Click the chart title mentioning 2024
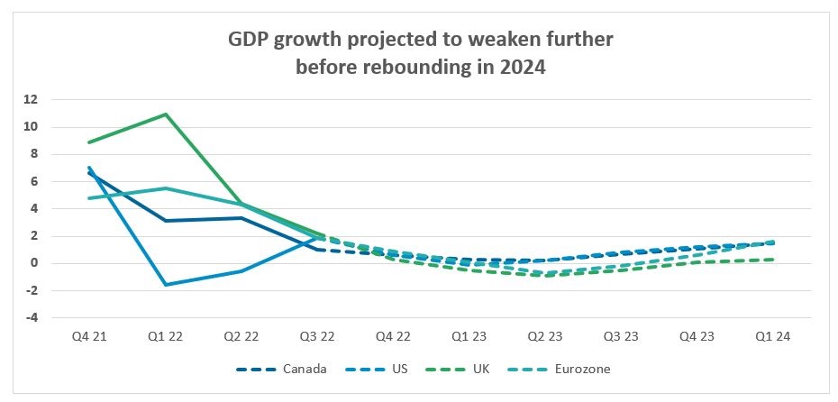pos(419,54)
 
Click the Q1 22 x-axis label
pos(165,336)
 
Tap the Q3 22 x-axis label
pos(317,336)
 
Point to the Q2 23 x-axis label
pos(546,336)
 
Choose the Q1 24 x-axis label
pos(774,336)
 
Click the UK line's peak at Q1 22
pos(166,114)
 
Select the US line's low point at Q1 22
pos(166,285)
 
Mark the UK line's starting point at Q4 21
pos(89,142)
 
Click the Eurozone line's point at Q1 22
pos(166,188)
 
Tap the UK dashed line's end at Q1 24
pos(774,260)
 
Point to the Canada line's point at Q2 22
pos(241,218)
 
